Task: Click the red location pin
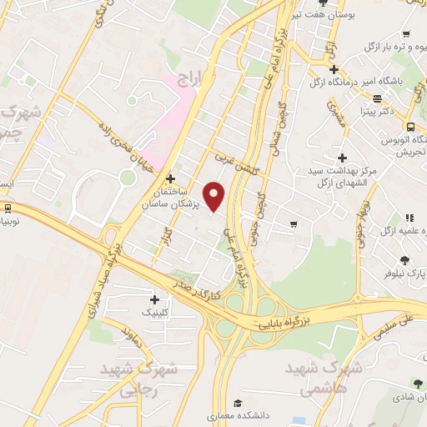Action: click(215, 196)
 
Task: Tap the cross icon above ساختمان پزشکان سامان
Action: click(171, 178)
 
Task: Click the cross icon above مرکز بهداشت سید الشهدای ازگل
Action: click(343, 157)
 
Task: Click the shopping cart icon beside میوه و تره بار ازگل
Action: click(406, 34)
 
